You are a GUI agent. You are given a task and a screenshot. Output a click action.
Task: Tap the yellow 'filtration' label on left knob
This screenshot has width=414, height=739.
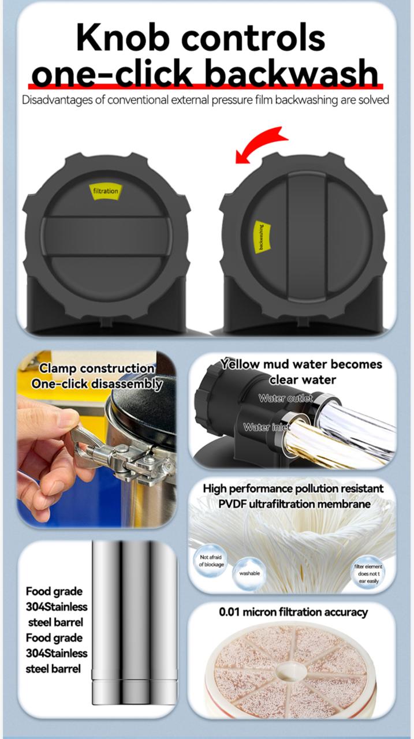(x=105, y=191)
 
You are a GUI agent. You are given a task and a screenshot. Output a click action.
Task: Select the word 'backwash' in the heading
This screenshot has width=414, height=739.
(x=294, y=74)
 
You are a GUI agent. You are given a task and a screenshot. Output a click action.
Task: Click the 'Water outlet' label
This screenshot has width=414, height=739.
(x=285, y=398)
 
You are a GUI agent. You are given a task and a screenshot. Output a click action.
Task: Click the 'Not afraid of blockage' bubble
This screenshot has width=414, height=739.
(x=211, y=561)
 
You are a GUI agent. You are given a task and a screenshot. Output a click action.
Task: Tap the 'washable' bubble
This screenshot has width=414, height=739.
(x=249, y=573)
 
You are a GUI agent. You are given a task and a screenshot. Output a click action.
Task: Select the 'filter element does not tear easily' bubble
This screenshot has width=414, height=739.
(x=368, y=570)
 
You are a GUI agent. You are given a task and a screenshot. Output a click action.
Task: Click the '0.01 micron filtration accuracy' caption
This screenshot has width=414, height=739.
(x=293, y=612)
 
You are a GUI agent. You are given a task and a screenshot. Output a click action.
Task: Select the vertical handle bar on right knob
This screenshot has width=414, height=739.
(x=307, y=237)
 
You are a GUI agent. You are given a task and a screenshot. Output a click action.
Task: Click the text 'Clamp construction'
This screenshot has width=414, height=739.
(x=96, y=368)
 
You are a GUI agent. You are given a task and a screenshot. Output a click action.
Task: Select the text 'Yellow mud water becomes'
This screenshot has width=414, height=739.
(x=301, y=364)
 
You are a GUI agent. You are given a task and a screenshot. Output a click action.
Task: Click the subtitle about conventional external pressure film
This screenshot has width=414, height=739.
(x=206, y=100)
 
